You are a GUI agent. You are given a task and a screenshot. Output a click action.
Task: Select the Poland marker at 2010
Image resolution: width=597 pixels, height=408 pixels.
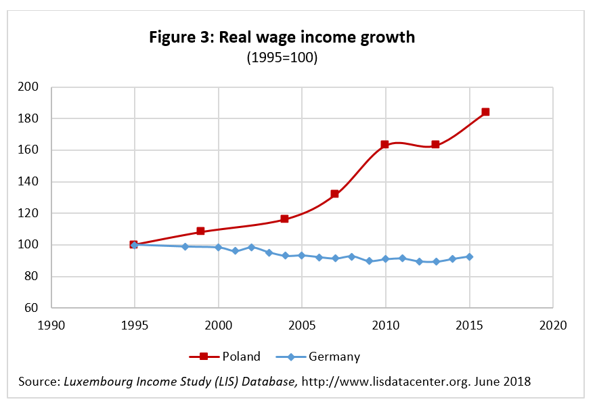(384, 144)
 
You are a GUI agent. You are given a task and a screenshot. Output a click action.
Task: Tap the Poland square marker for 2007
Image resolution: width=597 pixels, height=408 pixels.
(334, 194)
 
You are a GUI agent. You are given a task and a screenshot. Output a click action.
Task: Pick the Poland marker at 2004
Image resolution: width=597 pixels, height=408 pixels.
(284, 219)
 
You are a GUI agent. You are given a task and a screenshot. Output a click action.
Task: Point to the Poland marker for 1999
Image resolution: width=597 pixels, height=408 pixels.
(200, 231)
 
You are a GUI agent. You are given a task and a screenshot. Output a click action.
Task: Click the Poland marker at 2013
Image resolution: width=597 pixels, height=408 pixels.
(435, 144)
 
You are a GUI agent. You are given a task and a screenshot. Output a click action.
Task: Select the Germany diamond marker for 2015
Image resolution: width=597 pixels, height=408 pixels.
(469, 256)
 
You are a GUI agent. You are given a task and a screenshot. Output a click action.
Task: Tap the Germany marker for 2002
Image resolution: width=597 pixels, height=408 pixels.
(251, 247)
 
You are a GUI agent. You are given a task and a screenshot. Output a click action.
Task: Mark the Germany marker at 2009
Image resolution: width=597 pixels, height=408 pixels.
(369, 261)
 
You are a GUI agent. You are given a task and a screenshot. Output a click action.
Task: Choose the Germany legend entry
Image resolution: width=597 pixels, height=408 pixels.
(318, 357)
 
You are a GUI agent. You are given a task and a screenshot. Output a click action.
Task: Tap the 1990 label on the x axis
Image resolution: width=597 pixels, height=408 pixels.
(51, 325)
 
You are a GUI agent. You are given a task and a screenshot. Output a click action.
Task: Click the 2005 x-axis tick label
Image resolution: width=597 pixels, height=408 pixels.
(301, 325)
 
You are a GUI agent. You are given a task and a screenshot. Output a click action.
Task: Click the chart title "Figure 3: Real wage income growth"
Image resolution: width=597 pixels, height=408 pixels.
(282, 37)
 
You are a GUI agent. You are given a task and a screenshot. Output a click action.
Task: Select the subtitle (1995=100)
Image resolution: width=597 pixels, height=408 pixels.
(282, 58)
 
